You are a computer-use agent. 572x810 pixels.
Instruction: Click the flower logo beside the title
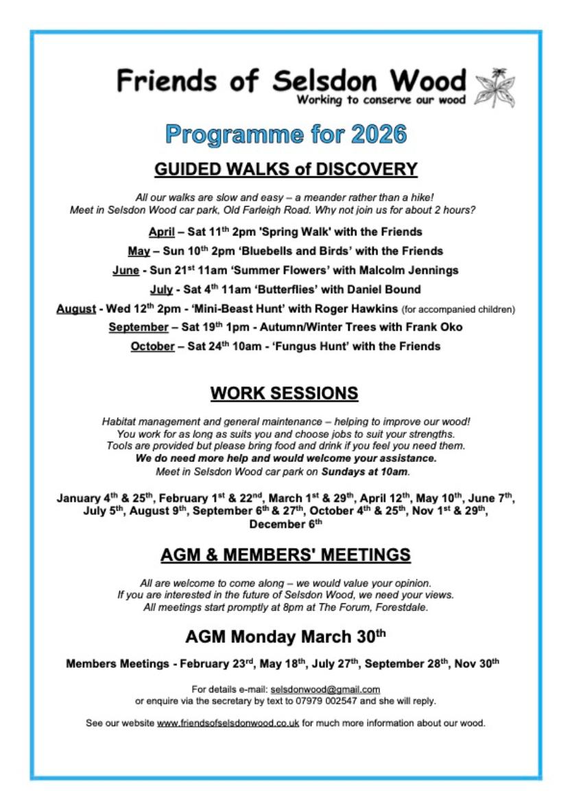tap(494, 88)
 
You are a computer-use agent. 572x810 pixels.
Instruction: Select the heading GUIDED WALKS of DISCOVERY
tap(286, 169)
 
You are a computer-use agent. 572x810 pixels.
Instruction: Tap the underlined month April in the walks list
tap(162, 231)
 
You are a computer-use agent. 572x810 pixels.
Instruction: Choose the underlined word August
tap(75, 309)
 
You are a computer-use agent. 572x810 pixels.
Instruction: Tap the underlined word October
tap(152, 347)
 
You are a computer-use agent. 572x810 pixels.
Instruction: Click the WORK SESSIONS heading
tap(284, 393)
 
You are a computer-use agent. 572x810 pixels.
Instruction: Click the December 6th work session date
tap(285, 524)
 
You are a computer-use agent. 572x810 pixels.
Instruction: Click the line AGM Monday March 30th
tap(285, 636)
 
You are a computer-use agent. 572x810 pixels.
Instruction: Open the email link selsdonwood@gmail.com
tap(325, 688)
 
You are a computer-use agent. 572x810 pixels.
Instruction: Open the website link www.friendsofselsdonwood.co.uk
tap(228, 723)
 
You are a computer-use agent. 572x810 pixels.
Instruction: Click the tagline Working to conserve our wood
tap(381, 100)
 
